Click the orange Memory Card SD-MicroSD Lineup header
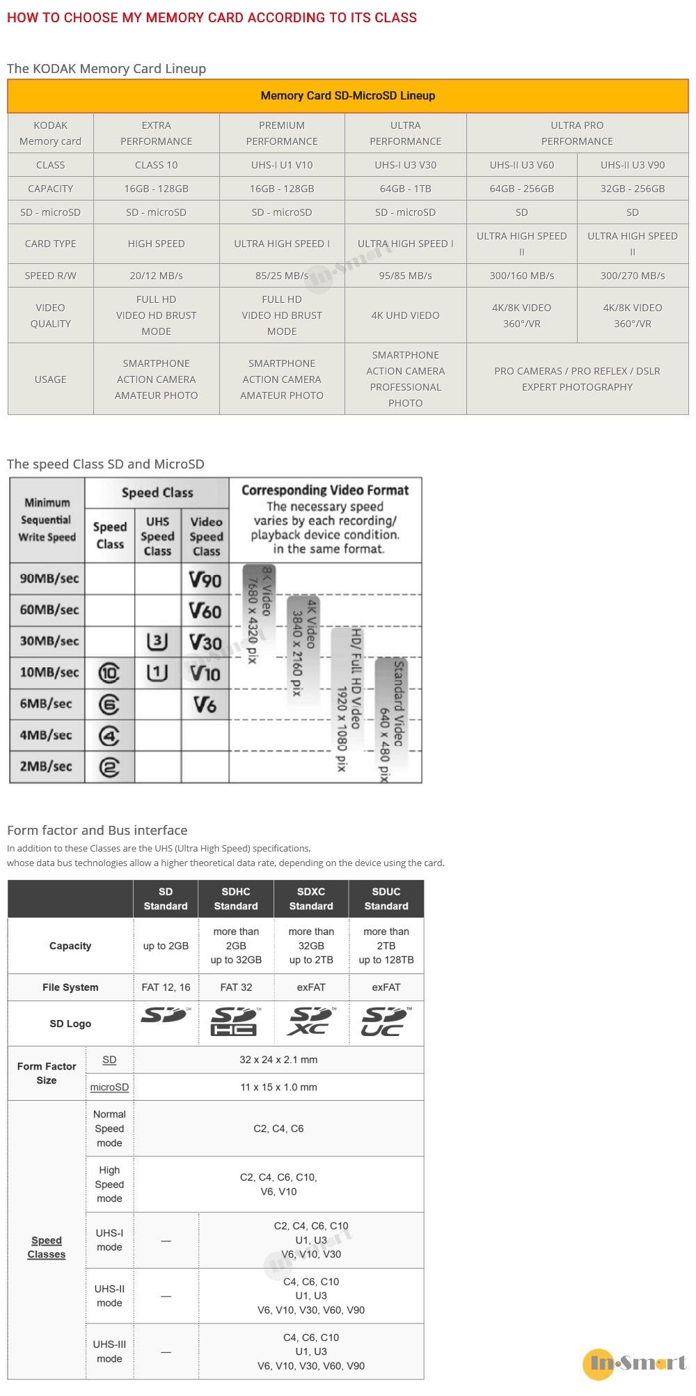347,96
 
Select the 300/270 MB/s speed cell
632,276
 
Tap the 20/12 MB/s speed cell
156,276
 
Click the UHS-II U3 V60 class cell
521,165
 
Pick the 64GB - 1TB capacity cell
405,189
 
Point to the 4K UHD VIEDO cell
405,315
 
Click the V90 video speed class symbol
205,579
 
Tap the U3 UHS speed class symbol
157,641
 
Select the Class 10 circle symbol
109,673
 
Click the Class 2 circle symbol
109,767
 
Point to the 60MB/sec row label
49,610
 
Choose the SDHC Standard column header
236,899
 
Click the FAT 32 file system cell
236,987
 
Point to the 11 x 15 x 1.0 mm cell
278,1087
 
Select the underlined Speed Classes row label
47,1247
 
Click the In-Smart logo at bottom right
635,1363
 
